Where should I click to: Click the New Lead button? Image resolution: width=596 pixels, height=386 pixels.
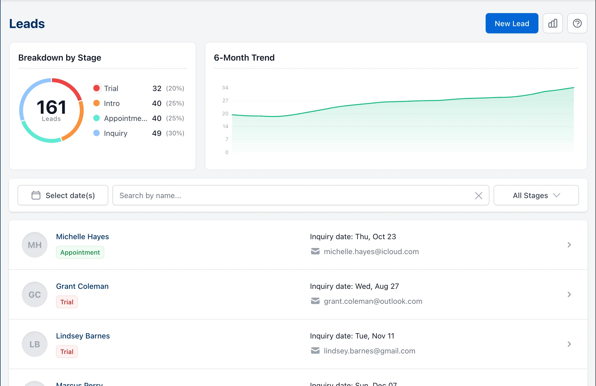tap(512, 23)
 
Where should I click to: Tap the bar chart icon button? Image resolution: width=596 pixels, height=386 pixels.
tap(553, 23)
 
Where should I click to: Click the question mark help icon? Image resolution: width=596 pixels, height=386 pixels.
tap(577, 23)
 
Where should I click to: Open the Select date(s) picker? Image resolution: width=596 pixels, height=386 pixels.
tap(63, 195)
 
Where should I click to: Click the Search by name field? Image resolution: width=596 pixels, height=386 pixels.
tap(293, 195)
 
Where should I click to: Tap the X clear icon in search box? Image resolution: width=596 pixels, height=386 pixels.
tap(478, 196)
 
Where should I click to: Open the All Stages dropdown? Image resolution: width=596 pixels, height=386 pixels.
tap(536, 195)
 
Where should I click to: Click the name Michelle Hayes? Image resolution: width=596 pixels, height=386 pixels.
tap(82, 237)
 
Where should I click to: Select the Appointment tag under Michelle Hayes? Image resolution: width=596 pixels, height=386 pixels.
tap(80, 252)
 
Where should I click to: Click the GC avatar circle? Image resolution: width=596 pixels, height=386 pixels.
tap(35, 294)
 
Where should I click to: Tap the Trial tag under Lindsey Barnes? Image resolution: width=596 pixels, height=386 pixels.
tap(67, 352)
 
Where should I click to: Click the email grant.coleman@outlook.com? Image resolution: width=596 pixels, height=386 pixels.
tap(373, 301)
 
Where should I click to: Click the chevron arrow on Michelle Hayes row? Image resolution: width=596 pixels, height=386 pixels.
tap(569, 245)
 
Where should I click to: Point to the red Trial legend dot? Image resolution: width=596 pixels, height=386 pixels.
tap(96, 88)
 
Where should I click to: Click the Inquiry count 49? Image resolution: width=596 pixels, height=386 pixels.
tap(157, 133)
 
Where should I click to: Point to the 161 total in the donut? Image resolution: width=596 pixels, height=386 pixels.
tap(51, 107)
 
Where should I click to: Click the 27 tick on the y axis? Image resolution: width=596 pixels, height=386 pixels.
tap(225, 101)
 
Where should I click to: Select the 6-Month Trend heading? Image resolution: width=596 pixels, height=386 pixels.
tap(244, 58)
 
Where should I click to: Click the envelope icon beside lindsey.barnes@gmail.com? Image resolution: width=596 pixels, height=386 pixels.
tap(315, 350)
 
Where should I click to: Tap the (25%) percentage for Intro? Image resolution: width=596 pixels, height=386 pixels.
tap(175, 103)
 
